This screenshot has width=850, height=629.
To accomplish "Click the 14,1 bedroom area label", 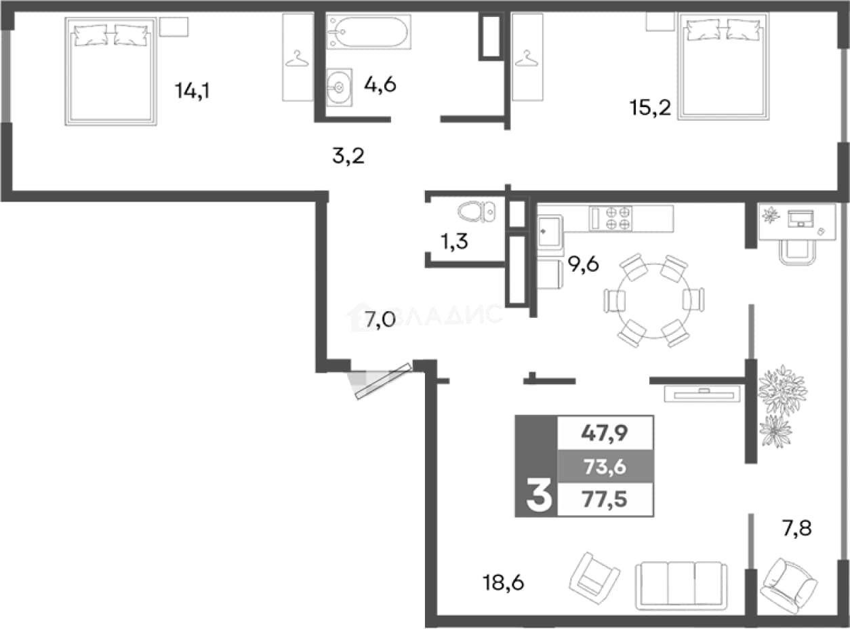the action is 193,92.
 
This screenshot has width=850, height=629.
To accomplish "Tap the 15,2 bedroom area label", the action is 650,107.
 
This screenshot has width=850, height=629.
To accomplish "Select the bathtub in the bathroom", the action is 368,32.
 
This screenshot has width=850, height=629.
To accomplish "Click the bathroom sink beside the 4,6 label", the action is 339,87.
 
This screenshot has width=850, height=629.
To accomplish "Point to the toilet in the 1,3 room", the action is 477,211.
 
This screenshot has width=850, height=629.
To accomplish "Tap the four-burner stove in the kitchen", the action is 611,218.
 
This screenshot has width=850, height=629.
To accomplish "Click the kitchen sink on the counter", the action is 550,231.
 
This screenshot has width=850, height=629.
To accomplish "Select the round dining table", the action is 654,300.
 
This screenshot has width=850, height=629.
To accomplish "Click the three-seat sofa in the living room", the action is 681,586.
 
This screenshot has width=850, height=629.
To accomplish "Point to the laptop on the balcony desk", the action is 801,218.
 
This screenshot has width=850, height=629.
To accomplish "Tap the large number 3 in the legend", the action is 539,495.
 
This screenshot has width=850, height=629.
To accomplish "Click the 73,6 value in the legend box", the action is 605,467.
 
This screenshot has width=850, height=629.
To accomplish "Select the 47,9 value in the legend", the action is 605,434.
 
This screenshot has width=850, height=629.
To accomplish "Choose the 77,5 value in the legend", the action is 605,500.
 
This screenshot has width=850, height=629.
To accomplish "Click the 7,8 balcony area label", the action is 796,529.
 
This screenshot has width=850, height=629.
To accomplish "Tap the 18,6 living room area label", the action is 503,583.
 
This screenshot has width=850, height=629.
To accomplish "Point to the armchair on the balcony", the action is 789,587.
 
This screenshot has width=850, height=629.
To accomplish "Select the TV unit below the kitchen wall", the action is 702,394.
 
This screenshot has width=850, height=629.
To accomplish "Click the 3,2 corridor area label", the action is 348,157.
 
